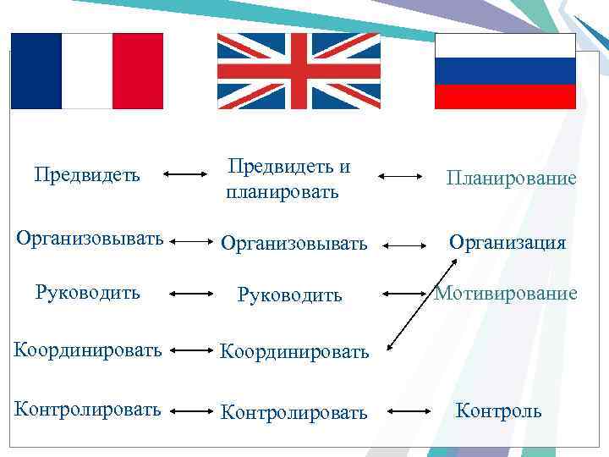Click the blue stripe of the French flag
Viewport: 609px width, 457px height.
coord(36,71)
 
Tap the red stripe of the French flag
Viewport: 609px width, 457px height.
coord(137,71)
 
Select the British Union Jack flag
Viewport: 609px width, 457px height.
coord(299,71)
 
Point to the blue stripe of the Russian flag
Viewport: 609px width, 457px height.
coord(505,71)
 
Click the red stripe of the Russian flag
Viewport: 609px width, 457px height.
coord(505,96)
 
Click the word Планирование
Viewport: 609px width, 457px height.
coord(512,179)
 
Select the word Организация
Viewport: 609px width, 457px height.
coord(507,243)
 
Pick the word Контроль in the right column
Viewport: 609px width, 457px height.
coord(498,411)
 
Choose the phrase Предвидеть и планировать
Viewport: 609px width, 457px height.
coord(288,179)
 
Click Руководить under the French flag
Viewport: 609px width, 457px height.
coord(87,293)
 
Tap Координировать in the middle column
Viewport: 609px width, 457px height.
coord(294,351)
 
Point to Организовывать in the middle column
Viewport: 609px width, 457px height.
coord(294,244)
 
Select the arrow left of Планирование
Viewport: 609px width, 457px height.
coord(400,176)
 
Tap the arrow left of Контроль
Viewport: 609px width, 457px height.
coord(411,412)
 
